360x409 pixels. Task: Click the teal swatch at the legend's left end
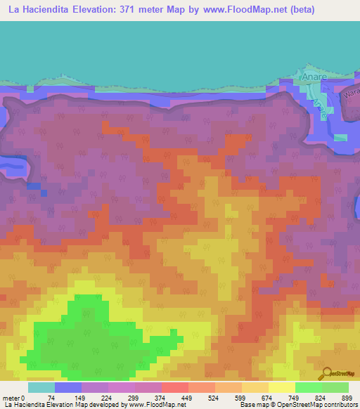pyautogui.click(x=41, y=387)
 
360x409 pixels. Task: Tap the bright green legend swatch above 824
pyautogui.click(x=309, y=387)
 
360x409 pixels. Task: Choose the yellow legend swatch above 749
pyautogui.click(x=282, y=387)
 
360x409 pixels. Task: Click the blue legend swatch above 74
pyautogui.click(x=68, y=387)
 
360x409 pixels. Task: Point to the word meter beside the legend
pyautogui.click(x=11, y=398)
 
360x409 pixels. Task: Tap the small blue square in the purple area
pyautogui.click(x=44, y=193)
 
